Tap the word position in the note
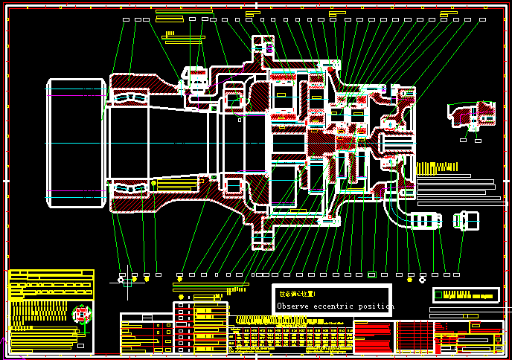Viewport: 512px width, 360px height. [375, 306]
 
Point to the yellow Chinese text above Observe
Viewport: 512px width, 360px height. [297, 295]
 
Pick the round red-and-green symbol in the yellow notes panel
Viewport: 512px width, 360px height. [82, 315]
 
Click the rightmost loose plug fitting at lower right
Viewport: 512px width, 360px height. [463, 220]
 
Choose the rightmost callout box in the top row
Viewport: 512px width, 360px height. [488, 19]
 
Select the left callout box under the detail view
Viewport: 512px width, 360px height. [463, 138]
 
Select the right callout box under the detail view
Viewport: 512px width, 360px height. [476, 138]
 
